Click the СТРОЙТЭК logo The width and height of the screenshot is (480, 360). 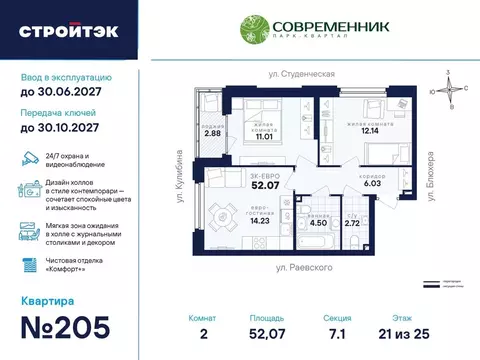click(x=68, y=30)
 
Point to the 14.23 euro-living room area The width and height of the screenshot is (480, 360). click(x=236, y=221)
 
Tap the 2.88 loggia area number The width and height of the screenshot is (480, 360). click(x=212, y=133)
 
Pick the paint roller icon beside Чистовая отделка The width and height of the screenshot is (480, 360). click(x=27, y=262)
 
